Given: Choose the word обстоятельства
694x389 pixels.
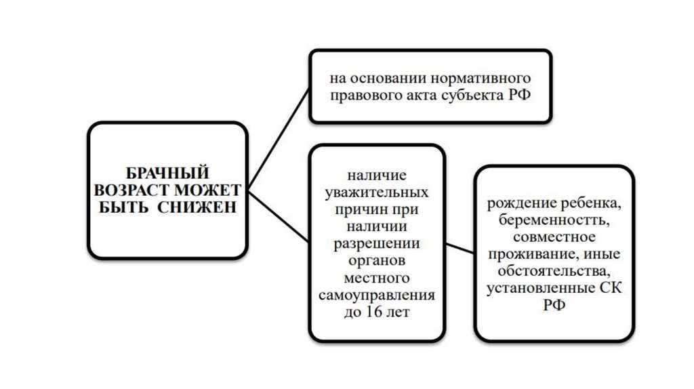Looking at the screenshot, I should click(554, 272).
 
